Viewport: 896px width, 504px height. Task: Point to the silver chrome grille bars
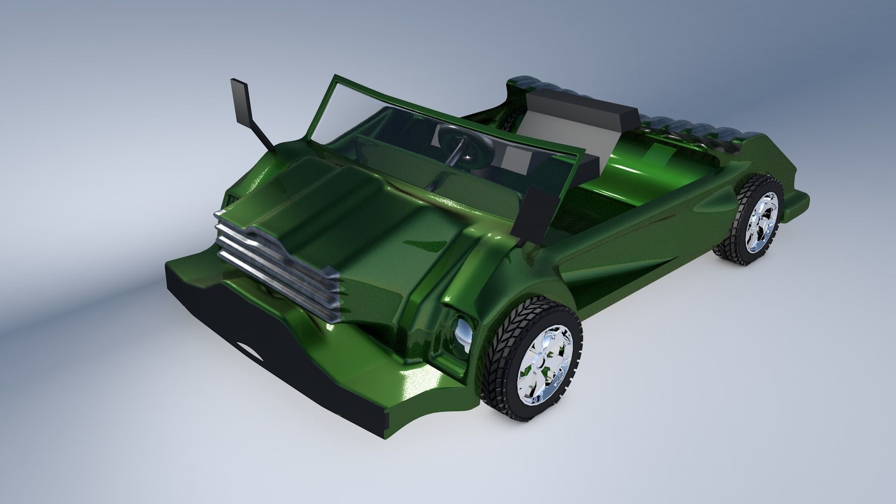(275, 261)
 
